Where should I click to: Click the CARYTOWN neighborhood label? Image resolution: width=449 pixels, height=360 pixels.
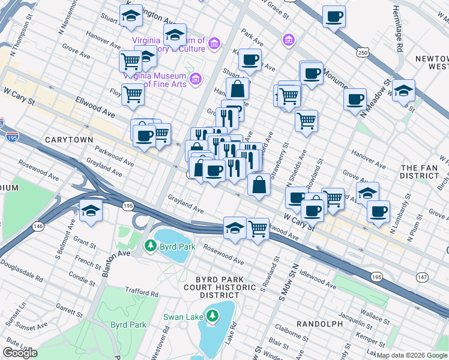[69, 140]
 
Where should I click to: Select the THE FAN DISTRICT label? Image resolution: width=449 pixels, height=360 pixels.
[420, 172]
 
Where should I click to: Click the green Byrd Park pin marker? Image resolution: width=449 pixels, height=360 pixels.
[150, 246]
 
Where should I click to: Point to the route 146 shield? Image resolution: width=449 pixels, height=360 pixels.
[38, 226]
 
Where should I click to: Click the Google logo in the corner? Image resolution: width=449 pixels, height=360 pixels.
[20, 353]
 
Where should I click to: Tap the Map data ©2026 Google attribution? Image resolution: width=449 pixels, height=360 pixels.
[412, 355]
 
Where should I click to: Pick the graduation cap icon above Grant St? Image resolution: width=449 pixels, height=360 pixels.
[91, 211]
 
